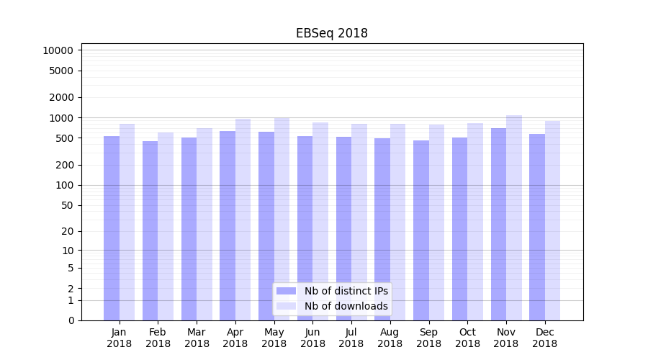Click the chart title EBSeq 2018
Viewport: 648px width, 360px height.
332,34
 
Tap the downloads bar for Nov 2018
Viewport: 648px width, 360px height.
514,217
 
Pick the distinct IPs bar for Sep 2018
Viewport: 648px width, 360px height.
421,230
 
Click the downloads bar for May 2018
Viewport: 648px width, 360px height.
282,219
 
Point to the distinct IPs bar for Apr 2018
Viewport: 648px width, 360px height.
228,225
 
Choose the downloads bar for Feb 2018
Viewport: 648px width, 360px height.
166,226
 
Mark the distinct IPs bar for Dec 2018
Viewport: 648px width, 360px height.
537,227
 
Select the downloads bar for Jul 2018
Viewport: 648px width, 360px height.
359,222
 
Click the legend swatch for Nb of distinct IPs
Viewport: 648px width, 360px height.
287,291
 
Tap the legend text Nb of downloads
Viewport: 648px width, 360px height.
346,306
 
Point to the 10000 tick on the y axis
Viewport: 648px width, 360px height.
58,50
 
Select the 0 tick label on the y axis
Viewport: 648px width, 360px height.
71,320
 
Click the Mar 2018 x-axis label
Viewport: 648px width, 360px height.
197,338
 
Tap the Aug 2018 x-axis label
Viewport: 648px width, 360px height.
390,338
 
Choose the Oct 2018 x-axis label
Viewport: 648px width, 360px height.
467,338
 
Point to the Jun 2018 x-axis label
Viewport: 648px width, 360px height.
312,338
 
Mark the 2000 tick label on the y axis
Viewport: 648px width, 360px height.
61,97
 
